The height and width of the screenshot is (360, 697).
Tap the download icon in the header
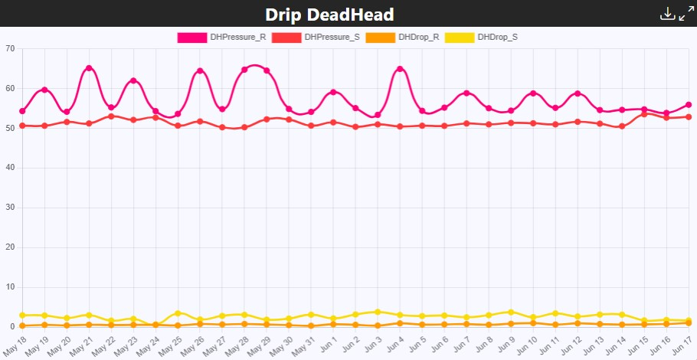point(667,14)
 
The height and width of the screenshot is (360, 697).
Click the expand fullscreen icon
point(686,14)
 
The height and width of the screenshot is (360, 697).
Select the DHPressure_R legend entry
point(221,37)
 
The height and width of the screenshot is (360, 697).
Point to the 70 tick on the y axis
point(10,49)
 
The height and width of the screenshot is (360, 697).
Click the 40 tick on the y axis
point(10,168)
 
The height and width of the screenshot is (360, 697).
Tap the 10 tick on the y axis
point(10,287)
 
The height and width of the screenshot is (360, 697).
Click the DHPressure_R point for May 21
point(89,68)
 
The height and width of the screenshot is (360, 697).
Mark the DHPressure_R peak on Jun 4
point(400,69)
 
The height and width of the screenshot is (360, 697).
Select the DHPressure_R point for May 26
point(200,71)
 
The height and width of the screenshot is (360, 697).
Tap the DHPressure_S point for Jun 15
point(644,114)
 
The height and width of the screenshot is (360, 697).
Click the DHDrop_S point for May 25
point(178,313)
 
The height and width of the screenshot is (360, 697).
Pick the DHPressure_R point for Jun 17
point(689,105)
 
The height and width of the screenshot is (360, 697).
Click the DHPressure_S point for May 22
point(111,116)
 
